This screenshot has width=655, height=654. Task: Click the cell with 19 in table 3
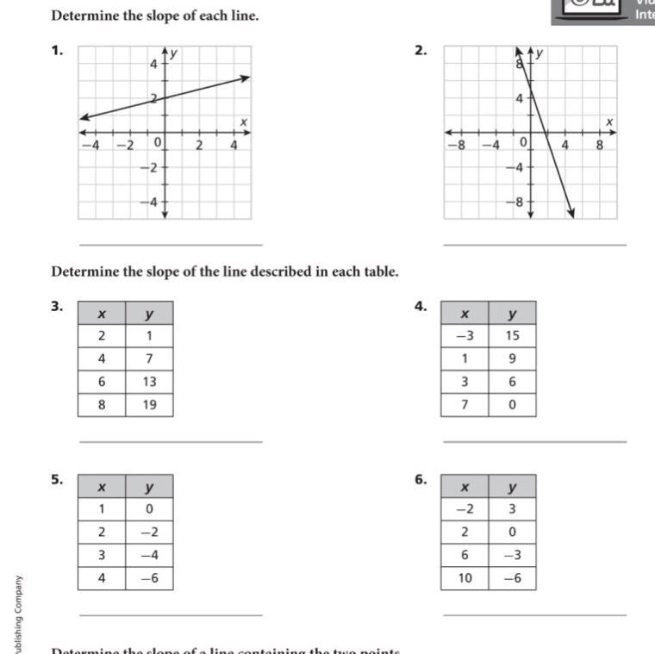point(149,404)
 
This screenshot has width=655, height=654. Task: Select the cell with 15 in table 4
point(512,336)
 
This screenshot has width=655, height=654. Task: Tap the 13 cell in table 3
point(149,382)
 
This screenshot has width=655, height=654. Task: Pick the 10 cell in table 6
point(465,578)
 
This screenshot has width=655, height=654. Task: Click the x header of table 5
point(102,487)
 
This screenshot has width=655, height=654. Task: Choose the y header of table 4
point(512,314)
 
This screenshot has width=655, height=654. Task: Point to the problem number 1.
point(57,51)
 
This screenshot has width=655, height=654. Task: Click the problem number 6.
point(420,480)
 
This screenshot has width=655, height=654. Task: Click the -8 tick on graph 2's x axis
point(461,145)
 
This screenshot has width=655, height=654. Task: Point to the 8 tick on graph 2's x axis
point(600,145)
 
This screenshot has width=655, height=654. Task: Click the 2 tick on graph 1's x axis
point(199,145)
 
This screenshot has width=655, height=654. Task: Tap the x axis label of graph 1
point(244,122)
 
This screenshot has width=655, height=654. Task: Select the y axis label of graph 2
point(540,53)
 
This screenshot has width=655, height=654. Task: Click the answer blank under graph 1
point(170,245)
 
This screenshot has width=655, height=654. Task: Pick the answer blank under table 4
point(534,442)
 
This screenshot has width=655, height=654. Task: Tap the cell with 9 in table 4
point(512,358)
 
